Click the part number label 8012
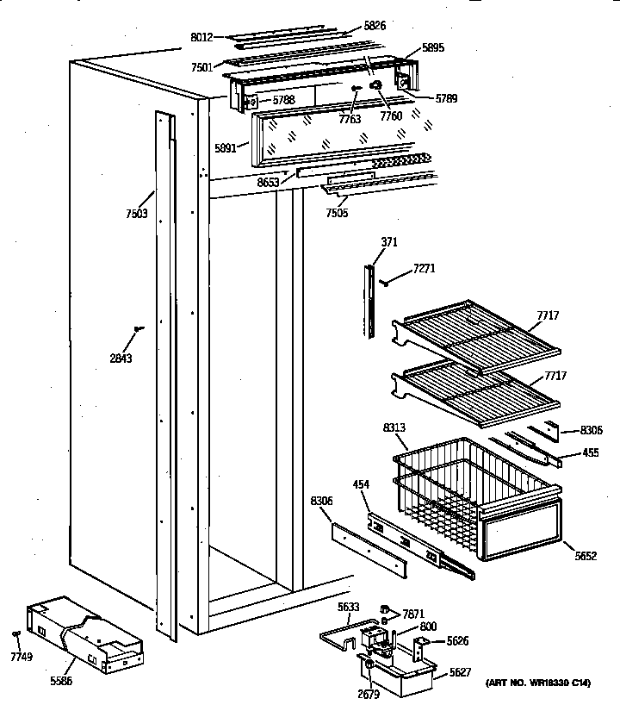201,37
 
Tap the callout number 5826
375,26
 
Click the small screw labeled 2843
138,327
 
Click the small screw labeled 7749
17,633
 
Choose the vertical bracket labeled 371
370,302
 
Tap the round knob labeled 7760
375,86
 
